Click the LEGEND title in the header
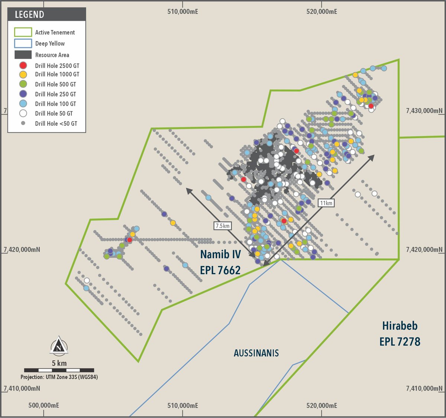click(29, 14)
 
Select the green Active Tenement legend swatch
click(23, 32)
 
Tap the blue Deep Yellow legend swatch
click(23, 43)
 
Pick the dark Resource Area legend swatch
click(23, 55)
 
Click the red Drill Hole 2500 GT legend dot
click(23, 66)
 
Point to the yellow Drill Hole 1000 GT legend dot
click(23, 74)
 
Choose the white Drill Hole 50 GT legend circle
click(23, 113)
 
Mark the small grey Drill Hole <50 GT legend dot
click(23, 123)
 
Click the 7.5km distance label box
click(223, 226)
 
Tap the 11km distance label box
click(326, 203)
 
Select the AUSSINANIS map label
click(256, 353)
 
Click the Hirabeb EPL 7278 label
click(400, 333)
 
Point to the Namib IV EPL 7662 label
click(220, 262)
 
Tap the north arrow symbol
click(59, 345)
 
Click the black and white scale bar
click(59, 370)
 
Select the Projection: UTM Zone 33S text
click(59, 377)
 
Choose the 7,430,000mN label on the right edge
click(424, 111)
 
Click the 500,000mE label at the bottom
click(43, 405)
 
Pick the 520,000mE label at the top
click(322, 12)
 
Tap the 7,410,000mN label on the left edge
click(22, 388)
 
